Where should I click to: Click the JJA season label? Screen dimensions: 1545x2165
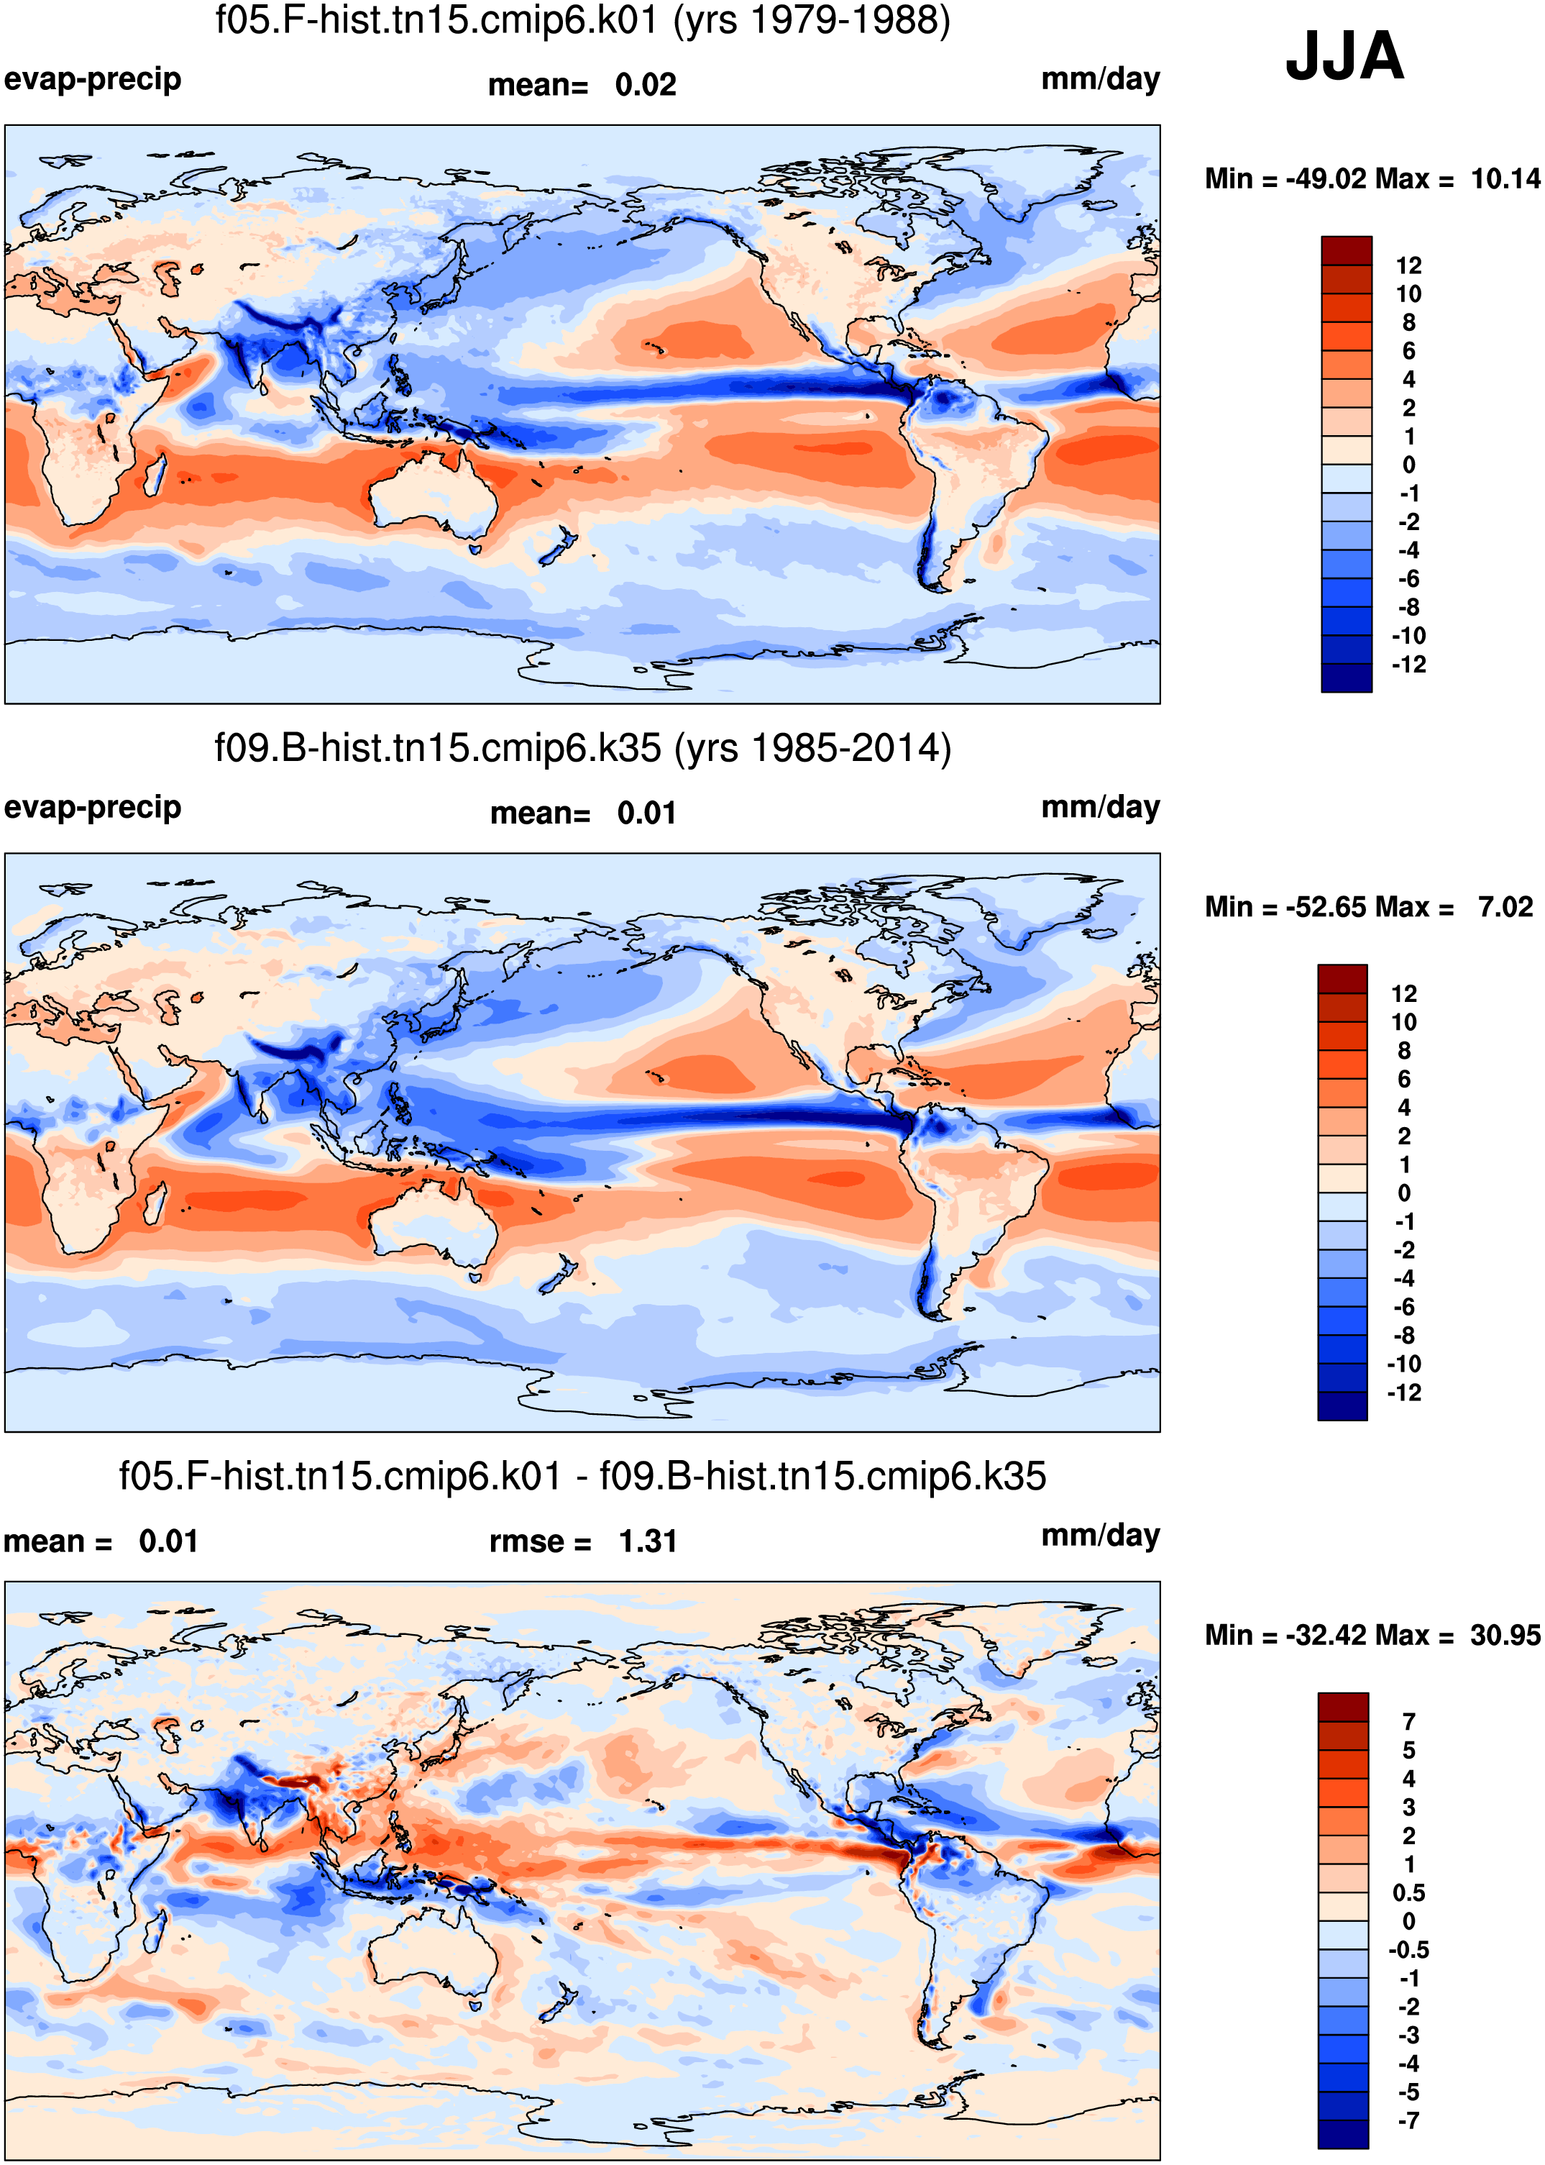[1344, 56]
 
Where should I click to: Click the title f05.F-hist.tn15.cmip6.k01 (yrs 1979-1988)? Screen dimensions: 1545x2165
[582, 21]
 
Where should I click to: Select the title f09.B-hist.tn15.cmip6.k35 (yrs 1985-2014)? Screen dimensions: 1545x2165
[582, 749]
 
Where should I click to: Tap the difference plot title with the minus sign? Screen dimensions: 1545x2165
[582, 1477]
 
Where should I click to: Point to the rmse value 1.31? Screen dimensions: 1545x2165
[647, 1541]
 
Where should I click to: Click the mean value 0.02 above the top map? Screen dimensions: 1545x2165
[646, 85]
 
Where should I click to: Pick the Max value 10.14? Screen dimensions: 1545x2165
[1505, 179]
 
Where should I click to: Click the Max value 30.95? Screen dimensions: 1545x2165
[1505, 1635]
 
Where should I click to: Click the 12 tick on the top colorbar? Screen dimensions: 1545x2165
[1409, 265]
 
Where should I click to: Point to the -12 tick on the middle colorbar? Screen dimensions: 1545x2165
[1404, 1393]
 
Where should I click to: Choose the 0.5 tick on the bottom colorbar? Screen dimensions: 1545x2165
[1409, 1893]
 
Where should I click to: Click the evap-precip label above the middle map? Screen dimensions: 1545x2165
[92, 808]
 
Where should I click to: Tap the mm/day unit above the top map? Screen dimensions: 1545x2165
[1101, 80]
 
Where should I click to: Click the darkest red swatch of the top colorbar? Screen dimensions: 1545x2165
[1346, 251]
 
